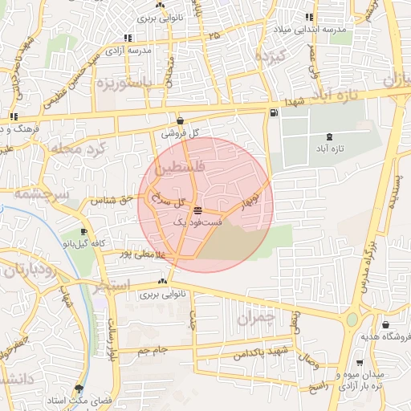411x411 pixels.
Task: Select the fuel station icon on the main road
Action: (275, 112)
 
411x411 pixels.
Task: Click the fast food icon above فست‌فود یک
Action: (197, 209)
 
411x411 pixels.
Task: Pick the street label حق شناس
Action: (108, 200)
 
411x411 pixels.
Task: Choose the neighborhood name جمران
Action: (255, 318)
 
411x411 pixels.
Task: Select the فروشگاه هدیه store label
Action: (383, 337)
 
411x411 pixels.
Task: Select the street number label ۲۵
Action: (214, 36)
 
